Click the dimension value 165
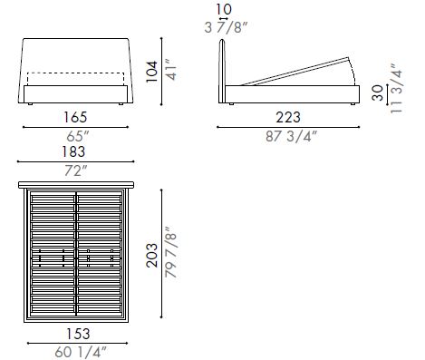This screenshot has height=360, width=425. click(x=76, y=118)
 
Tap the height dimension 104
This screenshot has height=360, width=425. click(x=151, y=71)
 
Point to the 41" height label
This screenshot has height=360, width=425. click(x=168, y=71)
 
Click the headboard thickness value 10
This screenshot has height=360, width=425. click(x=224, y=12)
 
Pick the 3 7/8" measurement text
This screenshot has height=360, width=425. click(x=224, y=27)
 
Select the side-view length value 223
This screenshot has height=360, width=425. click(x=287, y=118)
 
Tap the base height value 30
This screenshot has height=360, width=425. click(x=377, y=92)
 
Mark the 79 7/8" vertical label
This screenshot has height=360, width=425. click(x=169, y=258)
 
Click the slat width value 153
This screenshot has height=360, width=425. click(x=76, y=333)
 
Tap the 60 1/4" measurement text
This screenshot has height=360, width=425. click(x=76, y=349)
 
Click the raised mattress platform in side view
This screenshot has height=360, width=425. click(x=299, y=73)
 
